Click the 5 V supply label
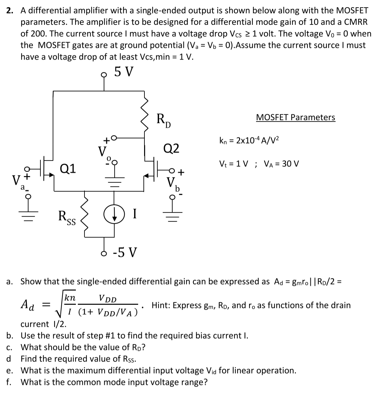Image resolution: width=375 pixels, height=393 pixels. [124, 71]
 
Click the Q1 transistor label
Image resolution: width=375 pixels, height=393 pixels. [69, 169]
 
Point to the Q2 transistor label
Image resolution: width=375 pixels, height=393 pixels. [171, 148]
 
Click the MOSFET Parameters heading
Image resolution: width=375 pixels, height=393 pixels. [295, 117]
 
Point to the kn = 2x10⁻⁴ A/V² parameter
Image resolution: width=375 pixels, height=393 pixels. [249, 140]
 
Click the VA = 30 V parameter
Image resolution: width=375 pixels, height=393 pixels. [281, 164]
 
